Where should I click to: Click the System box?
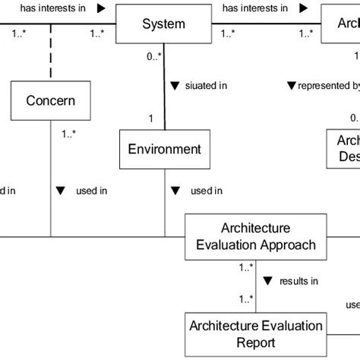coord(163,24)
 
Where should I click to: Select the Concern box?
coord(50,100)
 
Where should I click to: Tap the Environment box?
coord(164,150)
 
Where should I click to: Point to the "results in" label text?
coord(298,282)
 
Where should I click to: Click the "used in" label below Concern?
coord(92,191)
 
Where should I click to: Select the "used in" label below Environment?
coord(206,191)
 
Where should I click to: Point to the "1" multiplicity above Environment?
coord(151,118)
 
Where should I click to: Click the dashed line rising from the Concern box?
coord(50,57)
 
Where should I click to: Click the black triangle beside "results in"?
coord(267,282)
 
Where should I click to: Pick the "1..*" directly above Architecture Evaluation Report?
coord(245,299)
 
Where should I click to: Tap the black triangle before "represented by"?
coord(291,86)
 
